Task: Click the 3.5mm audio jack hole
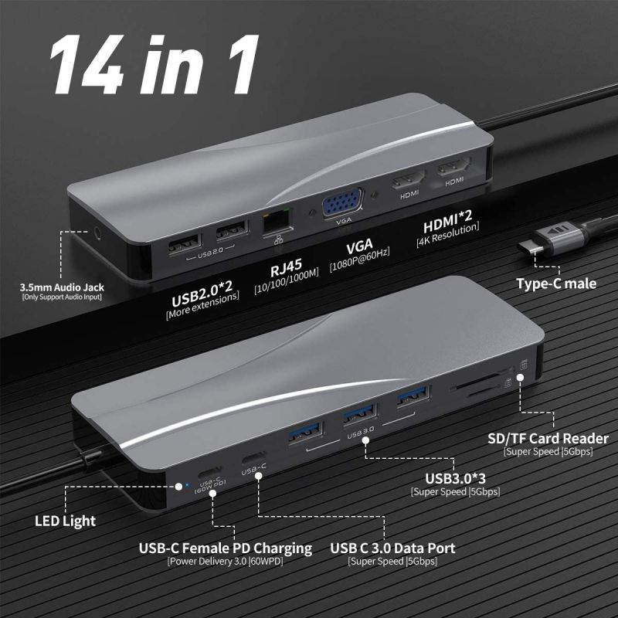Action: [97, 230]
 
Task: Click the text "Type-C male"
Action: [556, 284]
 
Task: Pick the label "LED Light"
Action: [65, 521]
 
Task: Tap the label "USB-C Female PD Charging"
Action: [225, 548]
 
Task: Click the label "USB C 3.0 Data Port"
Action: [392, 548]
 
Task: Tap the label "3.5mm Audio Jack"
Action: [62, 289]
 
